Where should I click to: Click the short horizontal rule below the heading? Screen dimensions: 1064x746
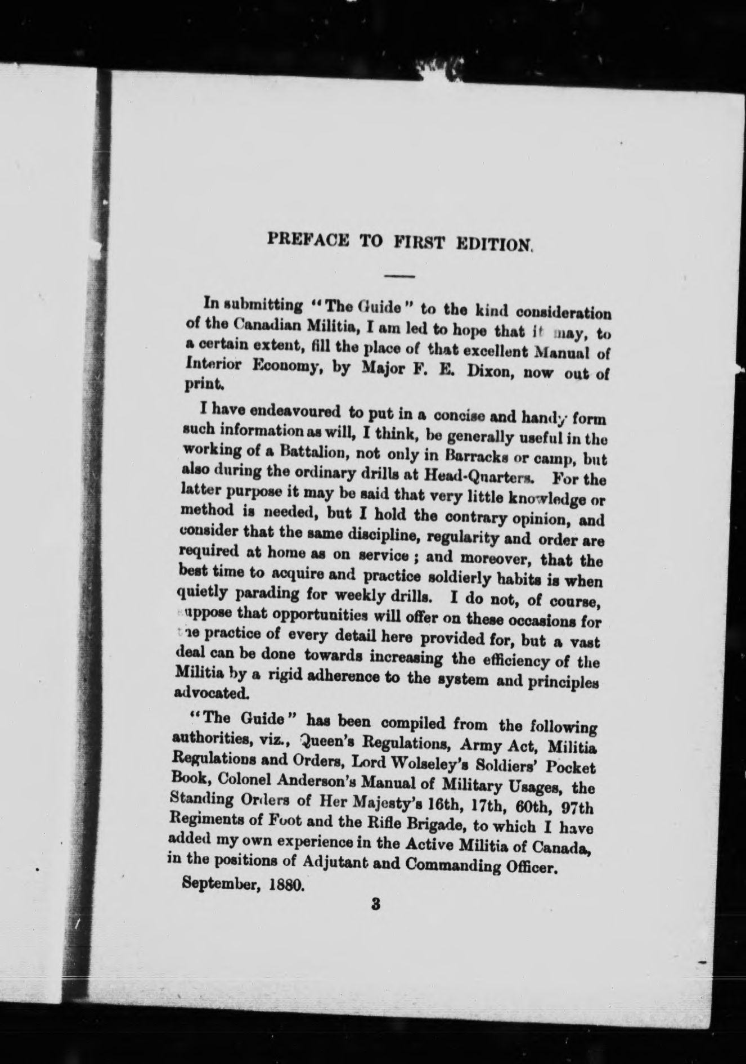coord(399,276)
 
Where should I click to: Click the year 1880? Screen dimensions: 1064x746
coord(286,885)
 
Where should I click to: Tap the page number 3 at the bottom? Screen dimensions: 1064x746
coord(376,905)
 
